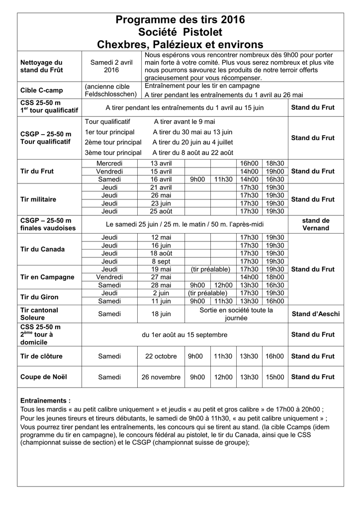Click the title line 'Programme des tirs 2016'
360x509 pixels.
180,20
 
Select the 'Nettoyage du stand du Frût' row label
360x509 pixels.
42,66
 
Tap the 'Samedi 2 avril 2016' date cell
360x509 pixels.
111,66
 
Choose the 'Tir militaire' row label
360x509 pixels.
38,199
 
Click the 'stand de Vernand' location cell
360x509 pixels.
316,224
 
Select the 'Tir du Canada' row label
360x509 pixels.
43,249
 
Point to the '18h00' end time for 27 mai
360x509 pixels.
274,277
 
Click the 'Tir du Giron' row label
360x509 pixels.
39,297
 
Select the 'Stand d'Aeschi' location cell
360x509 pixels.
316,314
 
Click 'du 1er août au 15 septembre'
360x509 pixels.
184,335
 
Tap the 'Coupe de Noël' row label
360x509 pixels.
44,377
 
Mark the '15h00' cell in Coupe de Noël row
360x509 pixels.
274,377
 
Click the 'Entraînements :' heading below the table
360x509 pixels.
45,400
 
